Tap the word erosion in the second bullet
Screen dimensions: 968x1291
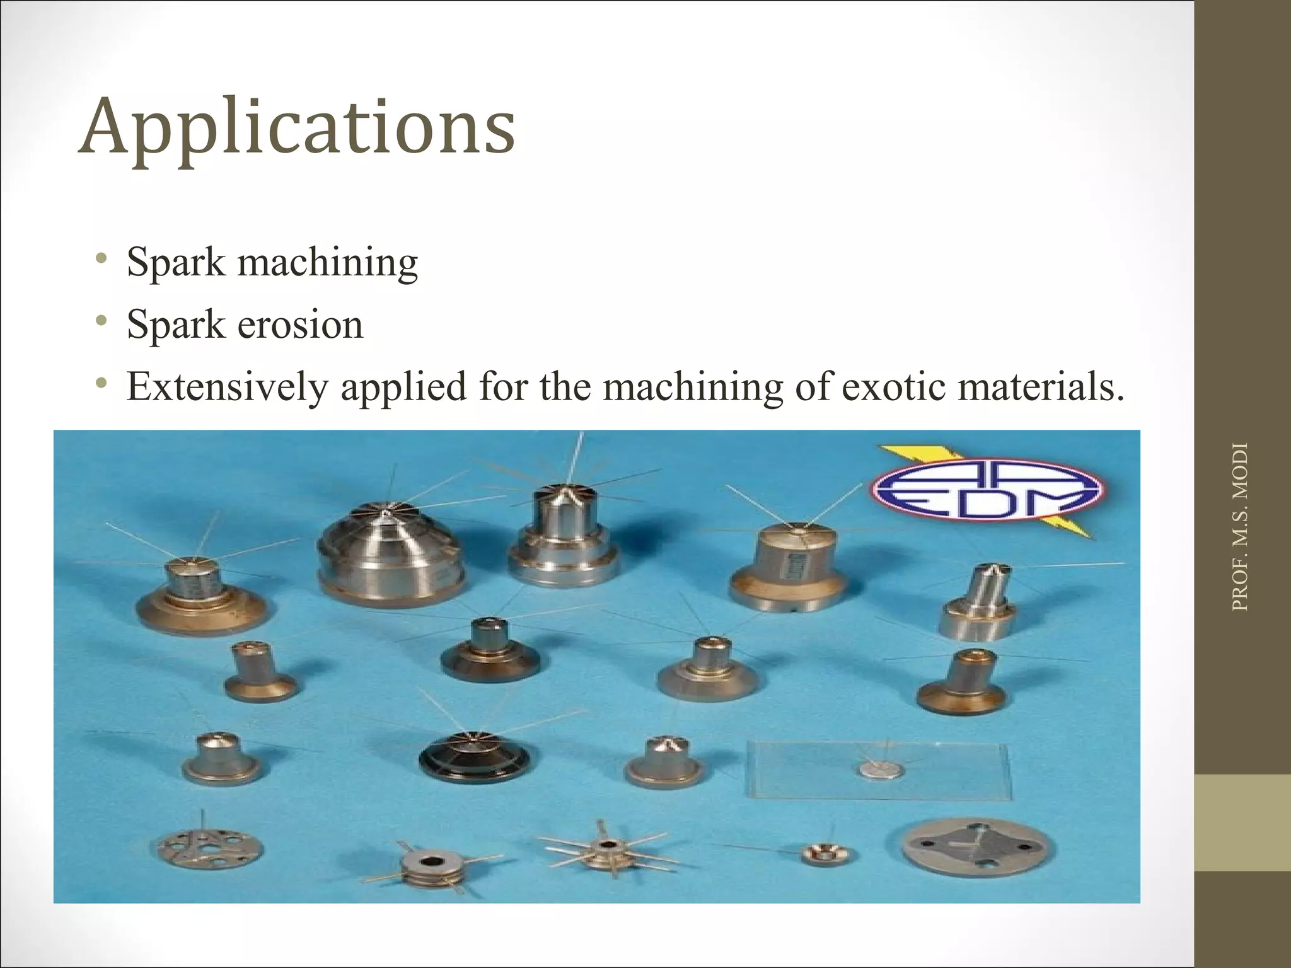(x=300, y=325)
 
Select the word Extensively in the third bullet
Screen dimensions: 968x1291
(x=227, y=386)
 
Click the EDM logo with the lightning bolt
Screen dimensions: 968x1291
(x=987, y=490)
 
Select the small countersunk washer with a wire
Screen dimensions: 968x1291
(x=828, y=854)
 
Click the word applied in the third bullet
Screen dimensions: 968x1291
(x=404, y=386)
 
